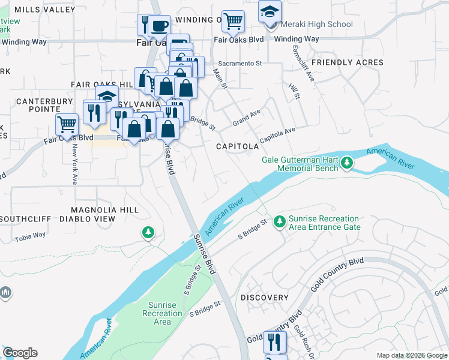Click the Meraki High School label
coord(315,25)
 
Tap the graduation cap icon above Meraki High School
coord(270,11)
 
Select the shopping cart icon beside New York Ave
coord(67,125)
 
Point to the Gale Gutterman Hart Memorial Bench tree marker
coord(346,163)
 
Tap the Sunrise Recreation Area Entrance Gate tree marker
coord(279,223)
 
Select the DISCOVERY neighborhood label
coord(265,298)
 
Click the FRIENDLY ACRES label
coord(348,62)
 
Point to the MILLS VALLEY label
coord(40,10)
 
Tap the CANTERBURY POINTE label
coord(38,105)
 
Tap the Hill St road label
coord(294,91)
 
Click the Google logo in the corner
coord(20,353)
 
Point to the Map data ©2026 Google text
coord(412,355)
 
